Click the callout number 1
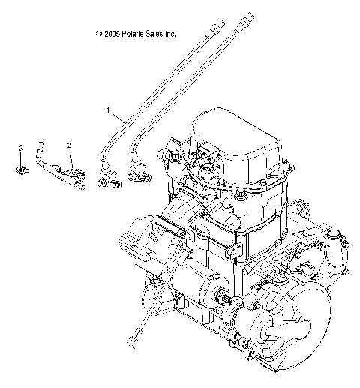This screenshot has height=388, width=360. pyautogui.click(x=109, y=110)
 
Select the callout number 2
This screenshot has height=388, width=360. pyautogui.click(x=69, y=144)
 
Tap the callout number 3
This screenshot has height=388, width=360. pyautogui.click(x=21, y=144)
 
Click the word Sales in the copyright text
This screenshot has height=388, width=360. pyautogui.click(x=159, y=34)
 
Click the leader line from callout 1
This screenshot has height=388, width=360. pyautogui.click(x=118, y=117)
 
